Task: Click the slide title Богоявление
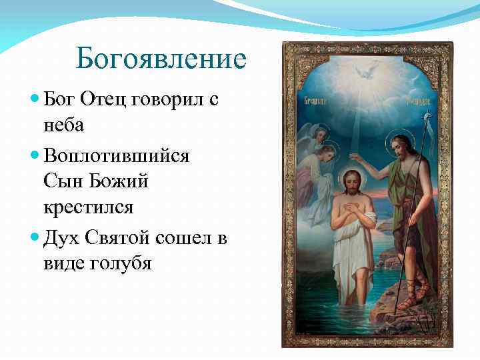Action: (x=161, y=59)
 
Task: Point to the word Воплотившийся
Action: (x=117, y=155)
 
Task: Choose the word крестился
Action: (x=89, y=207)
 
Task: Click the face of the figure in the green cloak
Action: (x=399, y=147)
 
